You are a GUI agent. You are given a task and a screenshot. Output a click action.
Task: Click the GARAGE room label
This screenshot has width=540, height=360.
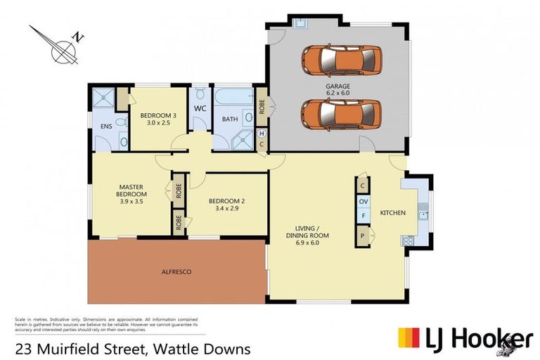click(337, 86)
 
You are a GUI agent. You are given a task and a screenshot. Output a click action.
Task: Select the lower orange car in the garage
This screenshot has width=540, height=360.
click(341, 113)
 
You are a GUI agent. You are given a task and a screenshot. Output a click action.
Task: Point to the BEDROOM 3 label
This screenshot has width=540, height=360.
click(157, 115)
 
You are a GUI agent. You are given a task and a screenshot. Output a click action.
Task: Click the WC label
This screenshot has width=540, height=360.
click(200, 109)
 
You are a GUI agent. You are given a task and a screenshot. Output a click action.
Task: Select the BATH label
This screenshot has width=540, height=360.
click(231, 120)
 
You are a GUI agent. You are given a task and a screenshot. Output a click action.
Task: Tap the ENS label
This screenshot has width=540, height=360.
click(106, 127)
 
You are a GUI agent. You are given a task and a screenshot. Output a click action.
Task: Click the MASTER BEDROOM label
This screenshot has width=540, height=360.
click(131, 190)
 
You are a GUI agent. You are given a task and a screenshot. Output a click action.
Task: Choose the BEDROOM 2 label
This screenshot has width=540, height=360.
click(227, 201)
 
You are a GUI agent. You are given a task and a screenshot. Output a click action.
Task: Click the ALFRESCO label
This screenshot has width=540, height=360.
click(176, 271)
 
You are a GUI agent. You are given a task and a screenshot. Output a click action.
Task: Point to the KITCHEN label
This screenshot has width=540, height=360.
click(393, 212)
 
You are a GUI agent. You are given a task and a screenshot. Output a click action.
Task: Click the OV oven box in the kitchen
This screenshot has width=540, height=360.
click(364, 202)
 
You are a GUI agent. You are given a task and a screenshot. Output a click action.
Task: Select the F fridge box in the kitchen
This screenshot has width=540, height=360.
click(364, 218)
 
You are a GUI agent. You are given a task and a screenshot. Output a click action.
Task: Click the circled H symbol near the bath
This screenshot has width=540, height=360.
click(262, 134)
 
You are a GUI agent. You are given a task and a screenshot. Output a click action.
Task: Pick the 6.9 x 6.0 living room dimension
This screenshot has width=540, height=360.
click(307, 243)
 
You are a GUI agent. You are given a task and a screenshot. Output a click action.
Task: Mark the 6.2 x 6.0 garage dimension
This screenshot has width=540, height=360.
click(337, 94)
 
